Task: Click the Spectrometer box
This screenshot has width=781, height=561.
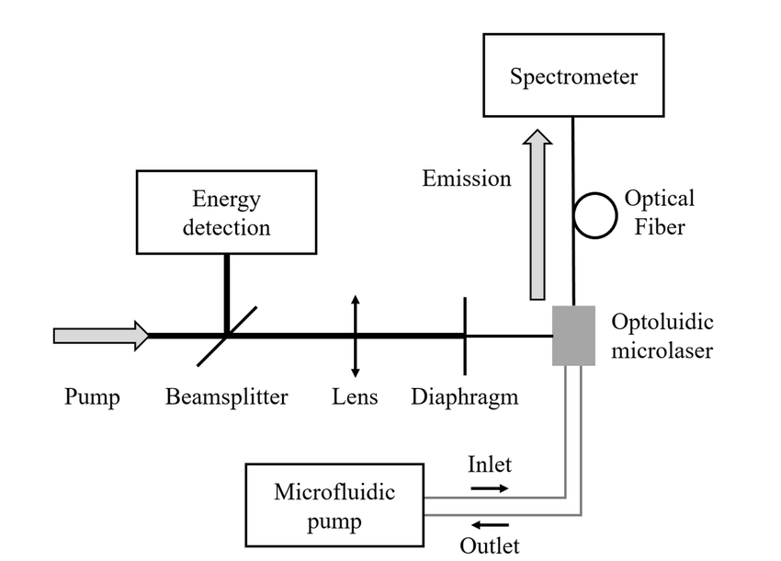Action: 573,75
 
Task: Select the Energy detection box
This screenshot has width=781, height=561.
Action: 226,212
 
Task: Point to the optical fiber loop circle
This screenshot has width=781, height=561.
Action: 595,213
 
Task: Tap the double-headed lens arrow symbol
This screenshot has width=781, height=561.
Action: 355,336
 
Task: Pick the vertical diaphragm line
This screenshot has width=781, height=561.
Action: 464,336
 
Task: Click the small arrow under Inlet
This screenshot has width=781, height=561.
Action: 489,488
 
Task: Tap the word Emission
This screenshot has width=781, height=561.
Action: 467,178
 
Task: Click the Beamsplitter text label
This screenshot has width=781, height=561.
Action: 227,397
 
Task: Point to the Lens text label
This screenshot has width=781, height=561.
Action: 355,397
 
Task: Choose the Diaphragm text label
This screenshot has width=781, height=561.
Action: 464,397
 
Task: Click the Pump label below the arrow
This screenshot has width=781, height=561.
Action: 92,397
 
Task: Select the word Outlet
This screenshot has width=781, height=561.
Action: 489,545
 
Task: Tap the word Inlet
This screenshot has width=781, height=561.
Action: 489,464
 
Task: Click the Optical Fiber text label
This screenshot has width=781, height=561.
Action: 659,212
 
